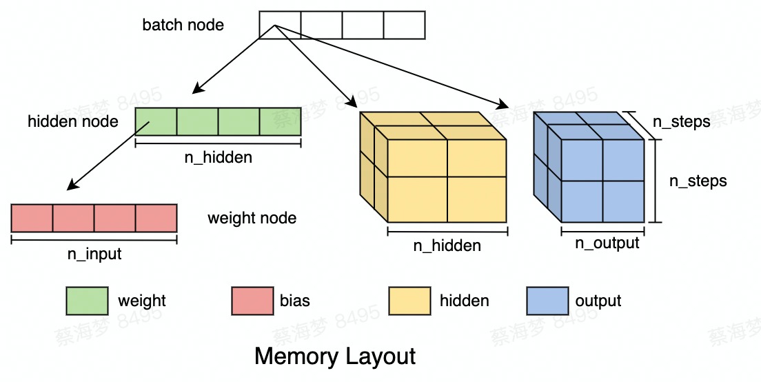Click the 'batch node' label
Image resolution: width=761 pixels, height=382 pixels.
183,26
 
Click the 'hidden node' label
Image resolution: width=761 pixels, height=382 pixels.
73,122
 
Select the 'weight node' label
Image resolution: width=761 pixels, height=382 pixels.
252,219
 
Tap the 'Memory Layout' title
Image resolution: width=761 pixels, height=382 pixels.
335,356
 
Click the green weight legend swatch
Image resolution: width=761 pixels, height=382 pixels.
87,301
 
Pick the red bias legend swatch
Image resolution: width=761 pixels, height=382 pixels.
253,301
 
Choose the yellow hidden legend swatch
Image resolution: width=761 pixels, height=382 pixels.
409,301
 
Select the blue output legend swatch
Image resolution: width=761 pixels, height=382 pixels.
547,301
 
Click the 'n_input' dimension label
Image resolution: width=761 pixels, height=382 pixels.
94,254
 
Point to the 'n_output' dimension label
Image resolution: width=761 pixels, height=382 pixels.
608,243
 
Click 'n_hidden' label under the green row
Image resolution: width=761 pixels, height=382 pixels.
218,157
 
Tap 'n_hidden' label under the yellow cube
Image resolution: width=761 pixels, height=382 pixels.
447,245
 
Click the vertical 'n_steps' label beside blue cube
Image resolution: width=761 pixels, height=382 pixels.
698,181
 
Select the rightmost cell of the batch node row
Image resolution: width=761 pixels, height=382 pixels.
404,25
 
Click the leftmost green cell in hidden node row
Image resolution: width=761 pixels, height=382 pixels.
156,121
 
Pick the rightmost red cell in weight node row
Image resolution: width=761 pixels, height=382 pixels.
156,218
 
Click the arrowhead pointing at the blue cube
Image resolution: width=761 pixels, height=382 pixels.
503,105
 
